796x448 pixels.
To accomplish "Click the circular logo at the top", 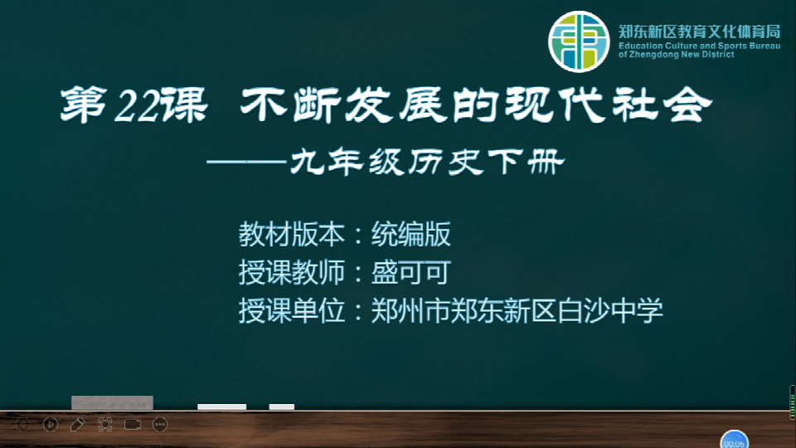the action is pos(578,41).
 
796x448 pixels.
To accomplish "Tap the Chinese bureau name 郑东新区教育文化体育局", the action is pos(699,32).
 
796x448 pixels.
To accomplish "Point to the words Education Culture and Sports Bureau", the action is pos(699,46).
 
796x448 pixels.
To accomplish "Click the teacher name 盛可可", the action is pos(410,272).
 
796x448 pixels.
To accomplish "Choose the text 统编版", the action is pos(410,234).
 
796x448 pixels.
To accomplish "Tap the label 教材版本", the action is pos(291,234).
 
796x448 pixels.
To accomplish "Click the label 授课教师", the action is pos(291,272).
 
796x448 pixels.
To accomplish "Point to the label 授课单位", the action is pos(291,310).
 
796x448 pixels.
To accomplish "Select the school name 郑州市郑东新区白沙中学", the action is pos(517,310).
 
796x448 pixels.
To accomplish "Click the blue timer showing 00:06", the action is pos(734,440).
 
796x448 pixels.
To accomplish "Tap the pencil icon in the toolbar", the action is pos(77,424).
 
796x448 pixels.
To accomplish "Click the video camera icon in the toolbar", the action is pos(133,424).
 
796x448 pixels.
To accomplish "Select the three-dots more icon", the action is pos(160,424).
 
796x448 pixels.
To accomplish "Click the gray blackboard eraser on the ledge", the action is pos(112,402).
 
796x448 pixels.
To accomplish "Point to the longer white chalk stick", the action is pos(222,407).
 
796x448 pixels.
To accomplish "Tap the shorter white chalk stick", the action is pos(282,407).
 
